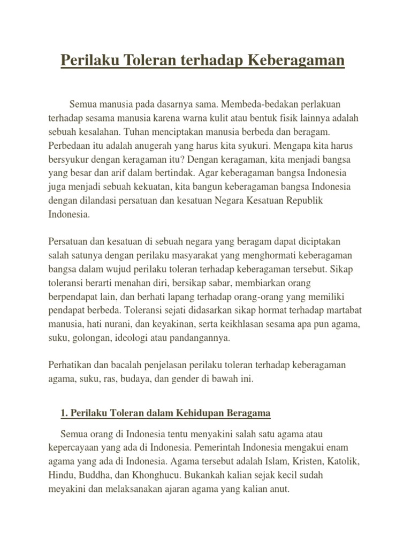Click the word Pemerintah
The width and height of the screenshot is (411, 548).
click(x=223, y=446)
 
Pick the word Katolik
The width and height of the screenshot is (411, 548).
click(x=344, y=460)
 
